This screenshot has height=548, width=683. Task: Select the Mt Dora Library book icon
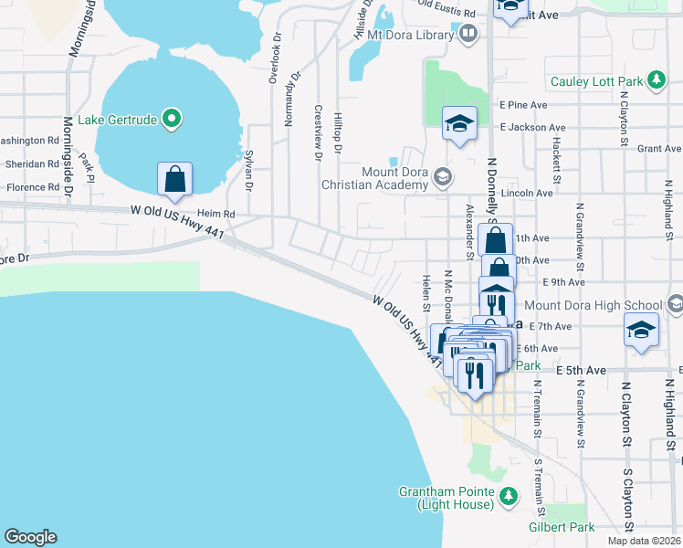(x=469, y=35)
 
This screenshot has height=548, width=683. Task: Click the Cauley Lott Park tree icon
(x=656, y=81)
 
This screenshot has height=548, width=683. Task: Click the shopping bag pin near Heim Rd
(x=174, y=181)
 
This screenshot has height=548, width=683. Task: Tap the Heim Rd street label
(x=216, y=213)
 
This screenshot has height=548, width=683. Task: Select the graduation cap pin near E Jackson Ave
(x=459, y=124)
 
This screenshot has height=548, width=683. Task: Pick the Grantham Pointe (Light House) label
(x=447, y=498)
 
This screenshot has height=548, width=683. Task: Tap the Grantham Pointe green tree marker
(x=509, y=497)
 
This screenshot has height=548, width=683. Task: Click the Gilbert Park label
(x=562, y=527)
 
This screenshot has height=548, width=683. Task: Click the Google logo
(x=30, y=537)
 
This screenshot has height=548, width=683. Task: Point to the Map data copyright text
(x=645, y=541)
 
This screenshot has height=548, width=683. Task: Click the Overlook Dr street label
(x=273, y=60)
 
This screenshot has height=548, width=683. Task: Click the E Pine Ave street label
(x=522, y=106)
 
